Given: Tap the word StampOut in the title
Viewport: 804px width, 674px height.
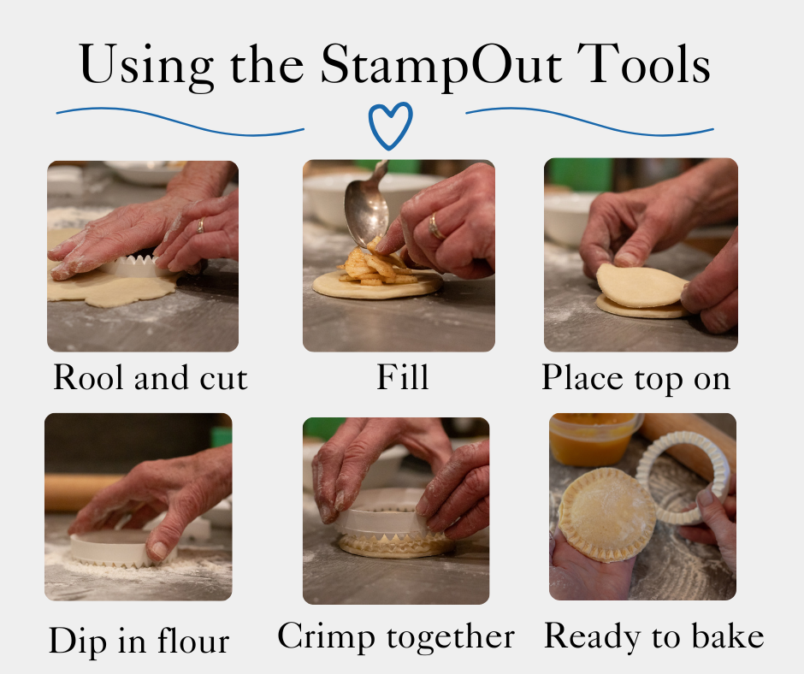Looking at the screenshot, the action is pos(441,66).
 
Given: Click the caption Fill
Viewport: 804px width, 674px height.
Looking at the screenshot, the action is pos(403,377).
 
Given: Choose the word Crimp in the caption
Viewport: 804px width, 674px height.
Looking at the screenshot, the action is pos(326,636).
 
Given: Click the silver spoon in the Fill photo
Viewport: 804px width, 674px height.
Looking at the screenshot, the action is pos(365,205).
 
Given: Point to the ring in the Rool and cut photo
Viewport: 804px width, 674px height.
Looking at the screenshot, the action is pos(201,225).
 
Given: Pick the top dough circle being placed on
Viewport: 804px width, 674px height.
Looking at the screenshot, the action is pos(641,285).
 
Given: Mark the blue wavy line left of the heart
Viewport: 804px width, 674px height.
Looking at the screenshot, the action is pos(180,122).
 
